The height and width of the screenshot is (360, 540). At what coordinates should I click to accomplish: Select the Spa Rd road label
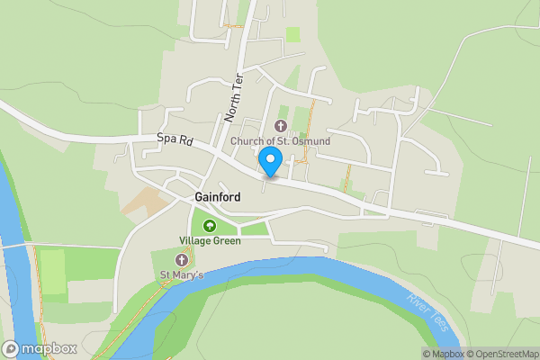[x=174, y=140]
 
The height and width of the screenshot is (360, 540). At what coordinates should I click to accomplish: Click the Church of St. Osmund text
[x=280, y=142]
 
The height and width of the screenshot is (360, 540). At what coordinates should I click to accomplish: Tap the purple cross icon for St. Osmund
[x=280, y=127]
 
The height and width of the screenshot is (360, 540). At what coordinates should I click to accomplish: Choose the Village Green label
[x=210, y=241]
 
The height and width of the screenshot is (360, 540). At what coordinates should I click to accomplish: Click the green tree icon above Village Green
[x=210, y=225]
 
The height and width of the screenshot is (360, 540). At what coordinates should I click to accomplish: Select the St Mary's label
[x=182, y=274]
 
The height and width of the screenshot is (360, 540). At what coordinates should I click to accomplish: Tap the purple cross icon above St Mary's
[x=181, y=259]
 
